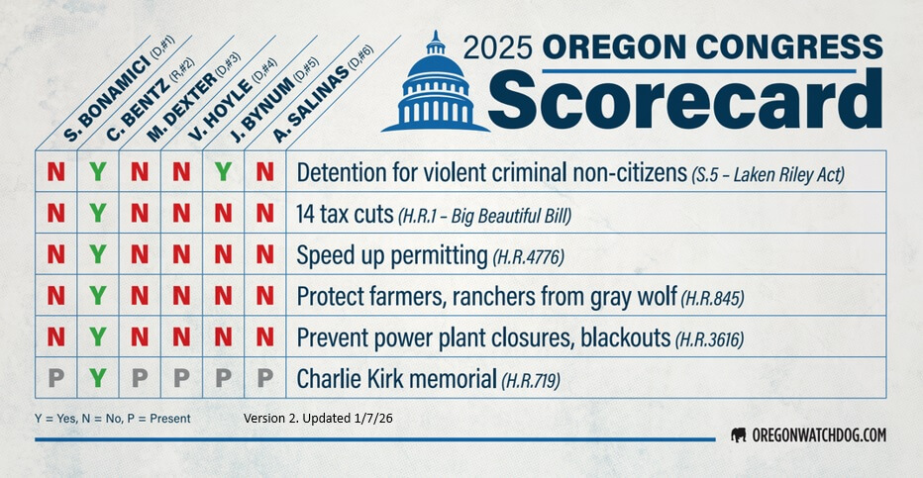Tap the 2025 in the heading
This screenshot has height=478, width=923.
coord(498,48)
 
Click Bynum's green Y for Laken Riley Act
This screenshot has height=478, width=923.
coord(223,171)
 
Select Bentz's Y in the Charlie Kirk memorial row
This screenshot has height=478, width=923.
coord(98,377)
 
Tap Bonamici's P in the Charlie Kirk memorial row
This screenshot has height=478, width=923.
coord(55,377)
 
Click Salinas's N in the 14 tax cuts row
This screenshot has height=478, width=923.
coord(264,213)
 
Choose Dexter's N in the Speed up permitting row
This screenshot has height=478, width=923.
coord(140,254)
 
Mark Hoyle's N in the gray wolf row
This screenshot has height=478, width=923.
coord(181,295)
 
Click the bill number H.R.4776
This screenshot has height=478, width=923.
coord(529,257)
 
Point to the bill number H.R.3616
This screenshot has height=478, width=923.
coord(709,339)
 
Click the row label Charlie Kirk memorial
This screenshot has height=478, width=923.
coord(397,379)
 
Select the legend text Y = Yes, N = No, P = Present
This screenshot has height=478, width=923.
coord(113,419)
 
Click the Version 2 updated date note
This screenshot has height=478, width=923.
coord(318,418)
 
